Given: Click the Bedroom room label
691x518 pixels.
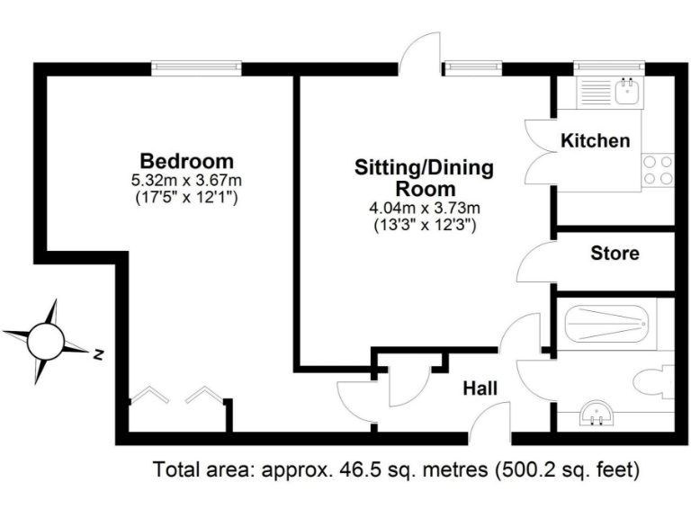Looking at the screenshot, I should pos(187,162).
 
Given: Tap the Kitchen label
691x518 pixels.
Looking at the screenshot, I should pos(595,141).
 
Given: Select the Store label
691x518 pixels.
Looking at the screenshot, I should pos(615,254).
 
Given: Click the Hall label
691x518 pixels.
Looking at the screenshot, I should pos(480,388).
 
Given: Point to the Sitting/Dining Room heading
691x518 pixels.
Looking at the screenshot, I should pos(425,178).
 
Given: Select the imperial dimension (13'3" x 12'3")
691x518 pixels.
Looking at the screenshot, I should pos(425,226).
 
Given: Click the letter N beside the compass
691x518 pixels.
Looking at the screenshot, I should pos(97,353).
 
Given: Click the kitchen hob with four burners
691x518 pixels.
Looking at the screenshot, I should pos(658,170).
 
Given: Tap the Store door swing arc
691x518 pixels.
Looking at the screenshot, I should pos(535,263).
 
